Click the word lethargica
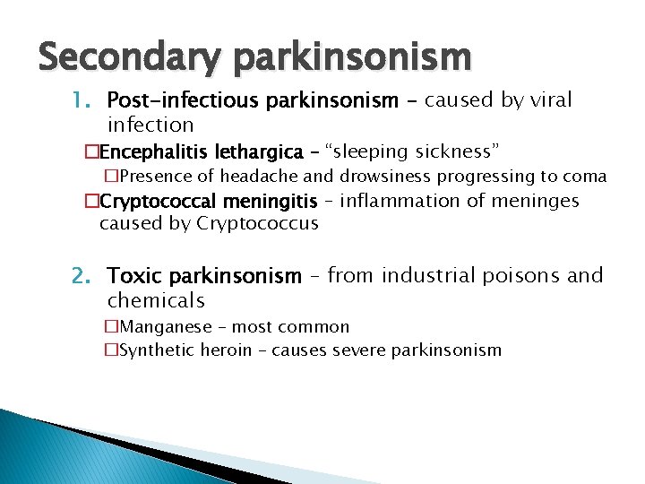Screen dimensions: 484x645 coord(259,151)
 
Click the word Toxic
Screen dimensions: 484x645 coord(135,276)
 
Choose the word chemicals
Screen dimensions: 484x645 coord(156,300)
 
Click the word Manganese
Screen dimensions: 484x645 coord(166,327)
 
